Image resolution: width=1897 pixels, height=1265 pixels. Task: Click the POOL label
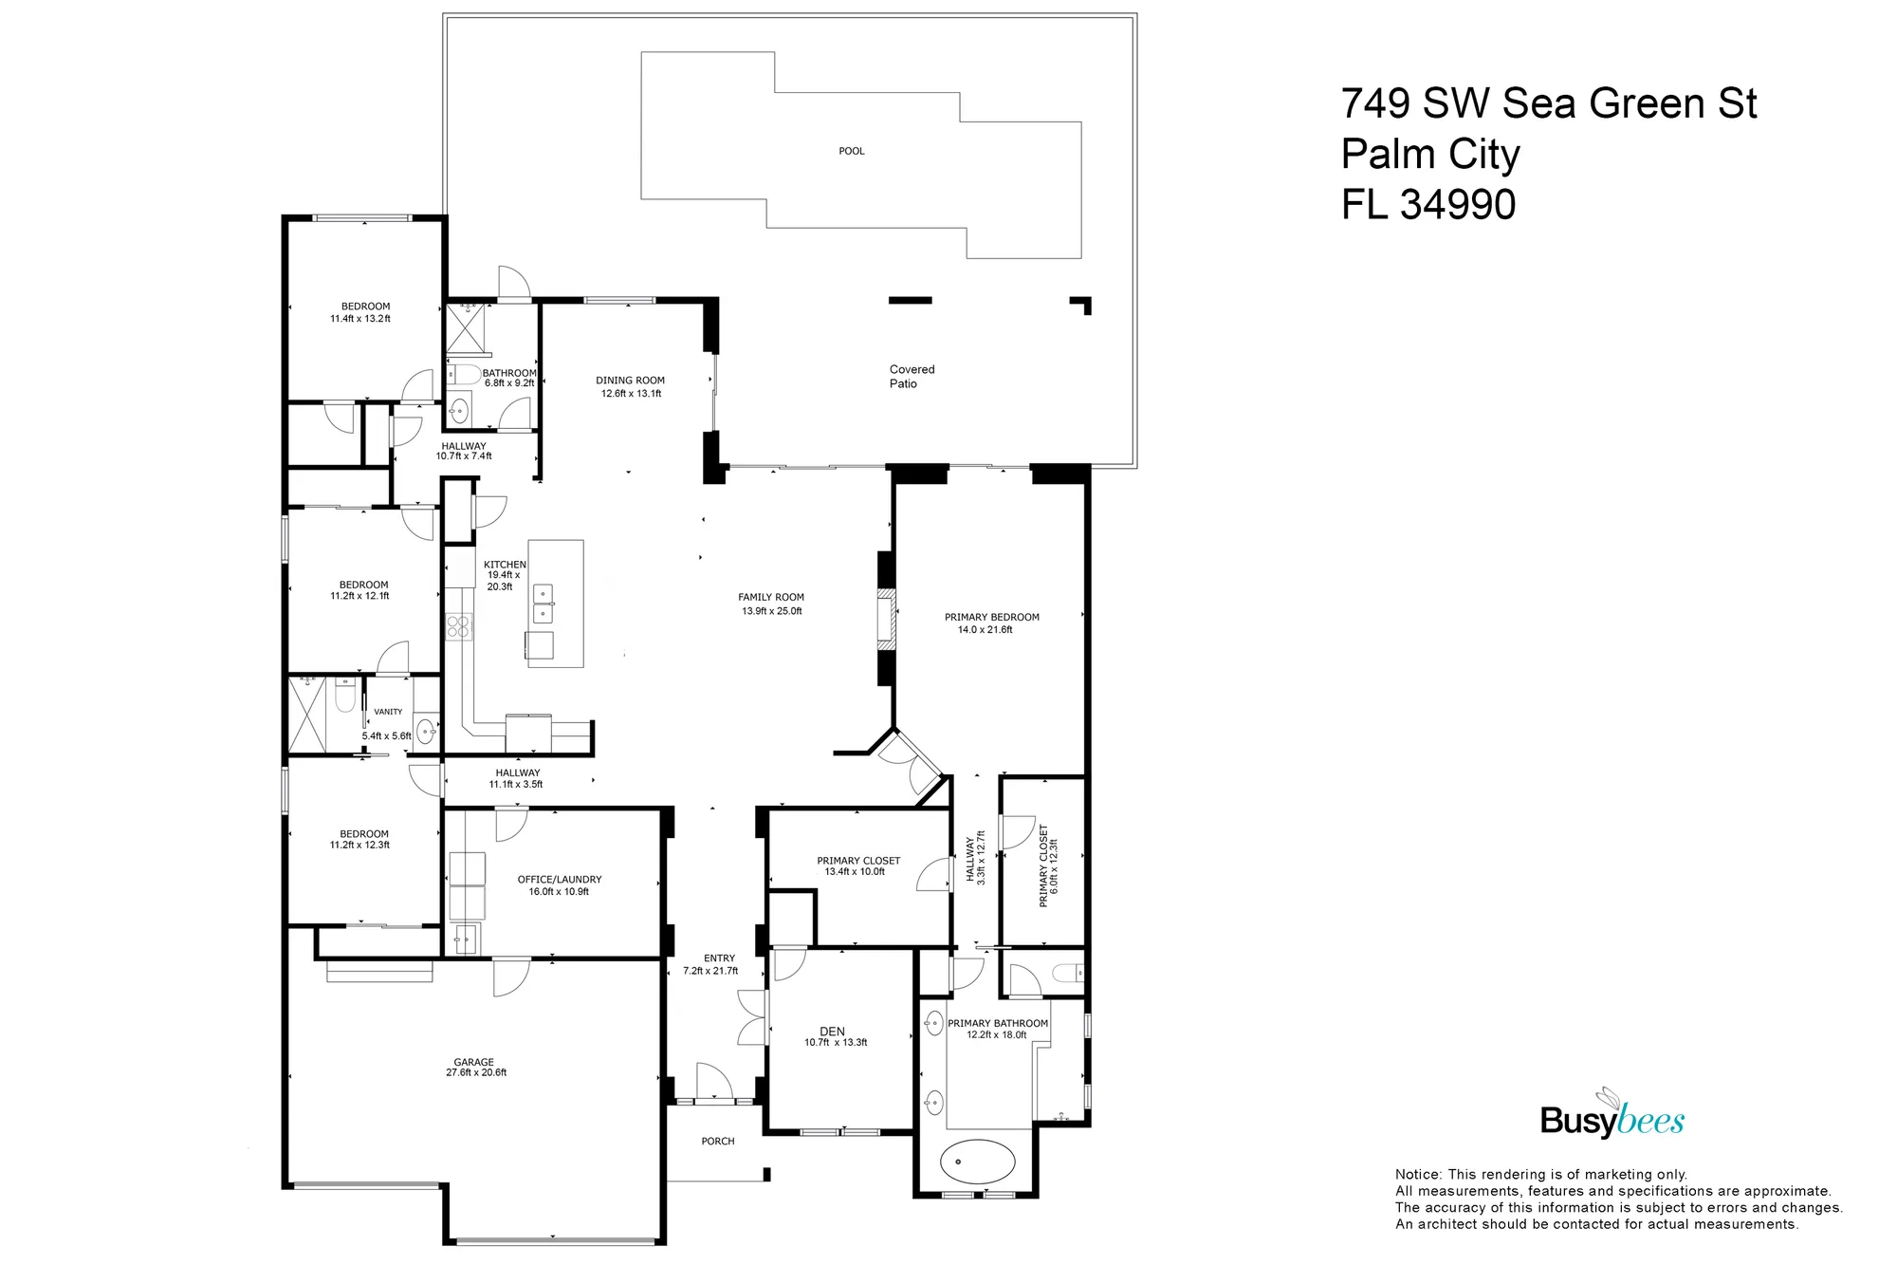[851, 151]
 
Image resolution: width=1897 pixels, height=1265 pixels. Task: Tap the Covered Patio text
[911, 376]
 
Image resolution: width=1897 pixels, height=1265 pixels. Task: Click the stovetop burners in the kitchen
[458, 625]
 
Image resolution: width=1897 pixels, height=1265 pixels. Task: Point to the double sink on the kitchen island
[543, 604]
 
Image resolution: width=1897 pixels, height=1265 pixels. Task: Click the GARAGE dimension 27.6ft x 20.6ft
[476, 1072]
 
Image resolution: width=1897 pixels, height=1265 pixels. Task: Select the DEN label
[832, 1031]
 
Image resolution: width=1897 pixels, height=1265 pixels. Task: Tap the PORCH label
[718, 1141]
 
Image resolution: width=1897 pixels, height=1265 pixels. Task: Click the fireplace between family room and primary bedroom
[886, 619]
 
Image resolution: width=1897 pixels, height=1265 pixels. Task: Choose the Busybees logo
[1612, 1117]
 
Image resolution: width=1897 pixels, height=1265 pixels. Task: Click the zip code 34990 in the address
[1458, 205]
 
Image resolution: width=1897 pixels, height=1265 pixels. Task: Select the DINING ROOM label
[630, 380]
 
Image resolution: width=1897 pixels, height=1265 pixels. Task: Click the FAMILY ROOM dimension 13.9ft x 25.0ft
[771, 611]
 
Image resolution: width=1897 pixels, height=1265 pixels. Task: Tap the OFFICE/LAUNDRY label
[560, 879]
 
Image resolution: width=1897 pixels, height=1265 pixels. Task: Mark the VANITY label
[388, 711]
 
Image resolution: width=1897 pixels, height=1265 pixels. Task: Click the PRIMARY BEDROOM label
[991, 617]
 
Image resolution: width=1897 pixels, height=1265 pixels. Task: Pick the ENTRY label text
[719, 958]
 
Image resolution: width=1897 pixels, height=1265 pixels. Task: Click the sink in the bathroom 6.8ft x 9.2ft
[459, 410]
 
